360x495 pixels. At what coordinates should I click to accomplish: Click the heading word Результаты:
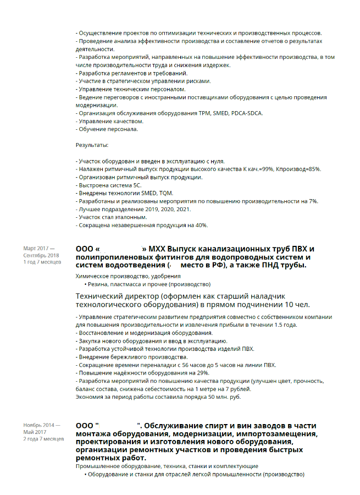tap(92, 145)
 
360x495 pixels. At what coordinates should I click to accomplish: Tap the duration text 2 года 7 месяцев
tap(43, 439)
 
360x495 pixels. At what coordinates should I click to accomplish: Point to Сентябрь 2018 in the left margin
tap(41, 255)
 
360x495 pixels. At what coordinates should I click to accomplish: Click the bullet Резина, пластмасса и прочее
tap(148, 284)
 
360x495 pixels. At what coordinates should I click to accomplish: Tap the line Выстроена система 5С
tap(110, 185)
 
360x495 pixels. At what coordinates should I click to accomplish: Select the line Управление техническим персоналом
tap(132, 89)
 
